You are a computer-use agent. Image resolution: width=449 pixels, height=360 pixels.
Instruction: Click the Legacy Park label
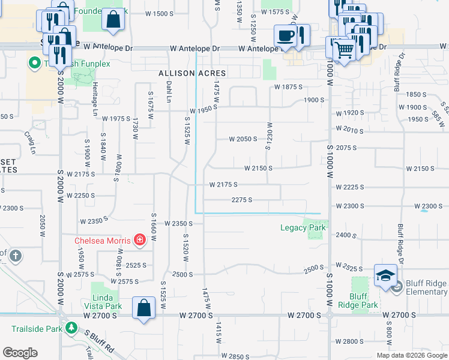[x=303, y=228]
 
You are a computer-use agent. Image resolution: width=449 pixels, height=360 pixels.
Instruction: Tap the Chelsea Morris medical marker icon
[x=139, y=241]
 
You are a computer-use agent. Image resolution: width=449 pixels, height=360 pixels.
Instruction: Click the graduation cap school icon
[x=385, y=275]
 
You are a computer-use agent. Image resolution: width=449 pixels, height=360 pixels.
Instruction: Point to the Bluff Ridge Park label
[x=364, y=301]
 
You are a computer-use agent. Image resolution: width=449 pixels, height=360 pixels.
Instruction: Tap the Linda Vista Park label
[x=107, y=302]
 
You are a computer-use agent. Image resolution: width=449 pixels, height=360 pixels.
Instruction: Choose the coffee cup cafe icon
[x=286, y=35]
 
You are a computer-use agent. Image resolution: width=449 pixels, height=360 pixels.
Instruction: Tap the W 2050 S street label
[x=243, y=139]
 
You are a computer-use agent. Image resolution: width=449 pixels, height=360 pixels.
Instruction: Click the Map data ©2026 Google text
[x=411, y=355]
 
